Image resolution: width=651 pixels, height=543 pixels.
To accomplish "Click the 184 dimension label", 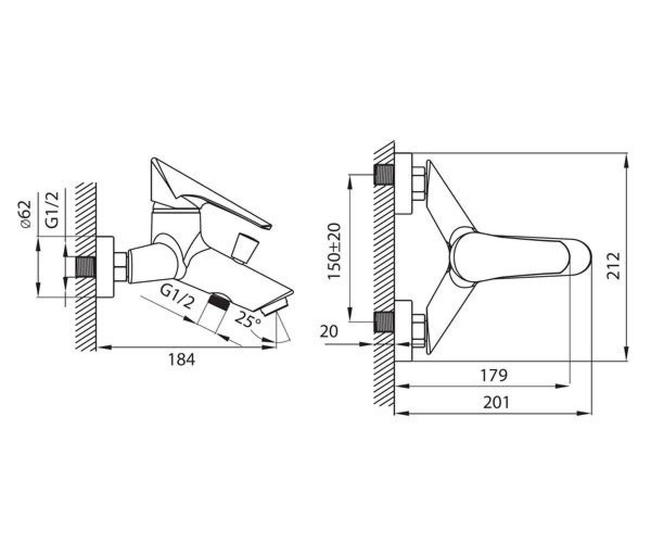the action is (181, 359).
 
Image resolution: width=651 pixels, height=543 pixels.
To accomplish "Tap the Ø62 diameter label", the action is (25, 214).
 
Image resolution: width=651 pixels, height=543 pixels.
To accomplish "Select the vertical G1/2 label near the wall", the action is (52, 210).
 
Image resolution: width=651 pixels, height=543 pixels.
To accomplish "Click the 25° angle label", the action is (248, 319).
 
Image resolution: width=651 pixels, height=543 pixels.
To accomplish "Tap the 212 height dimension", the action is (614, 266).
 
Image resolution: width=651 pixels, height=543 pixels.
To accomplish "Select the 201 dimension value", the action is (496, 402).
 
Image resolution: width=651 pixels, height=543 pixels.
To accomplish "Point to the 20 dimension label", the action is (329, 331).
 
